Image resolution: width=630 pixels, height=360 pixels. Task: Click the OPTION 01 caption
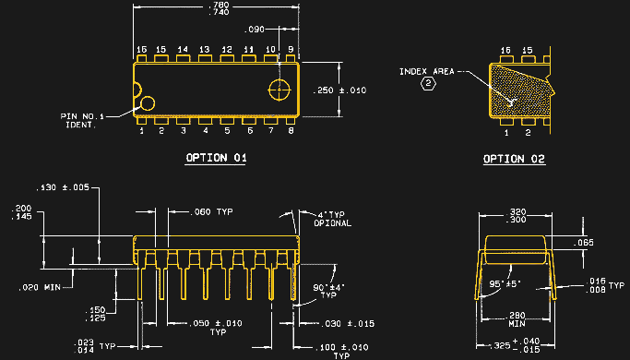tap(216, 158)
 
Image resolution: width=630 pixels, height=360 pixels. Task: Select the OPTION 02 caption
tap(514, 160)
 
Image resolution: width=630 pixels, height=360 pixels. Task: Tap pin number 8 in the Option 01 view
tap(291, 131)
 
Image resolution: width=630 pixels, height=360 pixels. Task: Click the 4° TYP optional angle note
tap(331, 219)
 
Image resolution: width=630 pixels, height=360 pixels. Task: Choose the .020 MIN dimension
tap(39, 287)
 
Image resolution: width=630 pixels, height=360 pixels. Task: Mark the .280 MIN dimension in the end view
tap(517, 318)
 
